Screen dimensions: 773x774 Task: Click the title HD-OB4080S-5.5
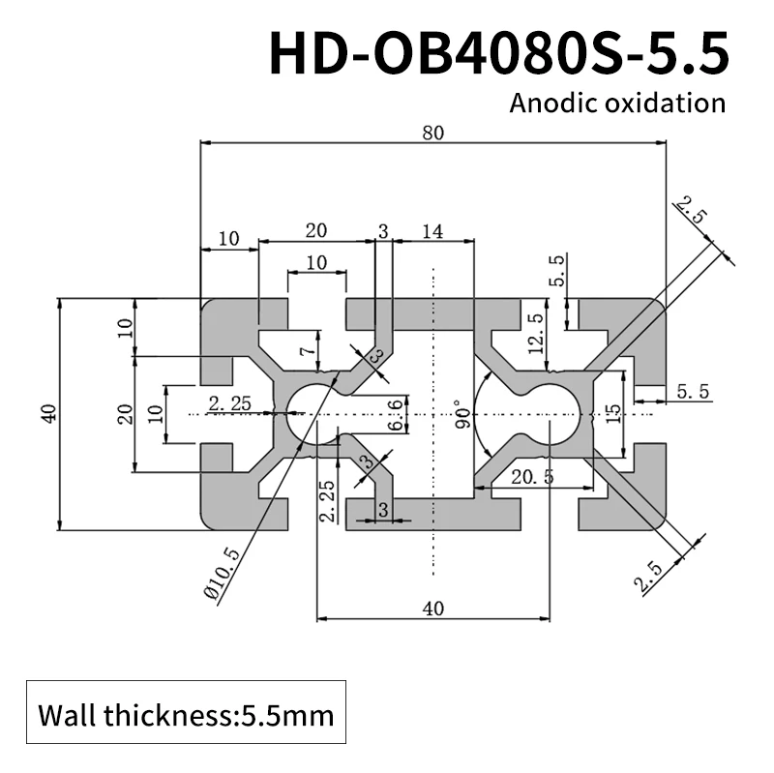[x=497, y=53]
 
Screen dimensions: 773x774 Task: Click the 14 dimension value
[x=432, y=231]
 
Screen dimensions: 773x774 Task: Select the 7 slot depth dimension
[x=305, y=350]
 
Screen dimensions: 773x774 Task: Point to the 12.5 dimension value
[x=533, y=333]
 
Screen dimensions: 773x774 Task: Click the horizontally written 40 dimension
[x=432, y=609]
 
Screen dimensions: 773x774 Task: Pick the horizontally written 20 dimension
[x=315, y=231]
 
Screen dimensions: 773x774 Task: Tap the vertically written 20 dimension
[x=124, y=414]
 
